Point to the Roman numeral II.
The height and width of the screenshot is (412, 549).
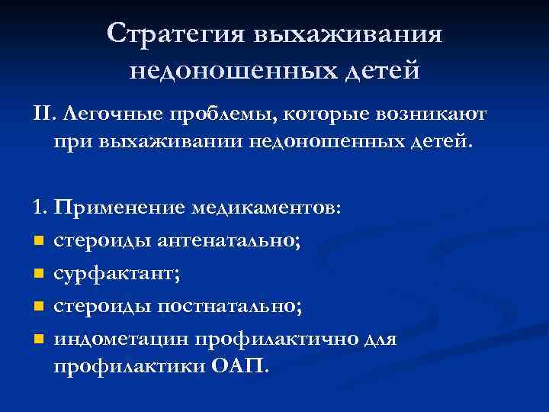(x=43, y=114)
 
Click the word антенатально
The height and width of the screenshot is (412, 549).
(x=229, y=242)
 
